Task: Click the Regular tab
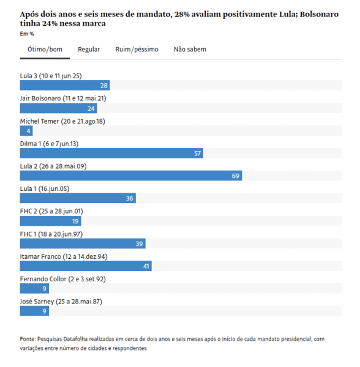89,50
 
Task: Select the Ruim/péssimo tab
137,50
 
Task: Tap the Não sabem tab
190,50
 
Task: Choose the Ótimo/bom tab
45,50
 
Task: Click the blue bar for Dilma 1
111,154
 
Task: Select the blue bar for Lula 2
131,176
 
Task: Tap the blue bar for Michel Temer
26,131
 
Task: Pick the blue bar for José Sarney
34,311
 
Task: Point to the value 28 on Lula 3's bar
103,86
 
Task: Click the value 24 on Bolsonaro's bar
91,108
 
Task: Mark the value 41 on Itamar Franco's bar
146,266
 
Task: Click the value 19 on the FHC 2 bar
75,221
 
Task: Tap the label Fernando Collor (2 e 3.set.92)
63,279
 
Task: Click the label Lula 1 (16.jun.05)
45,188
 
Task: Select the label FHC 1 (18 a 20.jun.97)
51,234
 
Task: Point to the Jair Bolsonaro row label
63,98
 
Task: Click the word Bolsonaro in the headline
319,14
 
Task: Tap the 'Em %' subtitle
27,34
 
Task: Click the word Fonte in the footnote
28,339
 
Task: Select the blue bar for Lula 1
78,198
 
